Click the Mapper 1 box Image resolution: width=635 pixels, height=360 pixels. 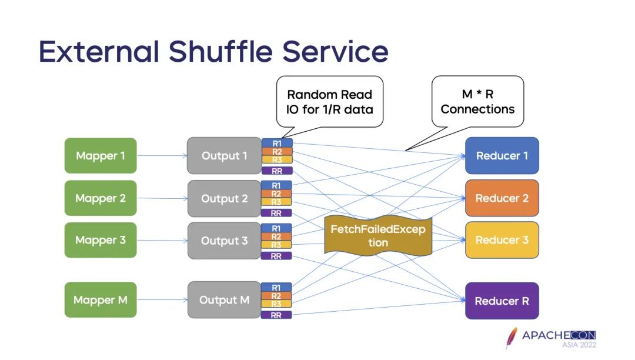pyautogui.click(x=101, y=156)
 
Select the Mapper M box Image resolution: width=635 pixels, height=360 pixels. pyautogui.click(x=101, y=300)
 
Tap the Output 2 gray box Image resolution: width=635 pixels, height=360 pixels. pyautogui.click(x=224, y=199)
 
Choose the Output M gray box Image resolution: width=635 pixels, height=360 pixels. pyautogui.click(x=224, y=300)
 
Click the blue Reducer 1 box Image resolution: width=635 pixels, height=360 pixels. pyautogui.click(x=502, y=156)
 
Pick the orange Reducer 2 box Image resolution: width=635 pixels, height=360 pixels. pyautogui.click(x=502, y=198)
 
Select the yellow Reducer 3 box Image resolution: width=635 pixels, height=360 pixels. pyautogui.click(x=502, y=240)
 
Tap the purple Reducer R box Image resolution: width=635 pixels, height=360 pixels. pyautogui.click(x=502, y=301)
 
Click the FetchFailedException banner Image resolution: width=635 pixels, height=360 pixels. pyautogui.click(x=378, y=235)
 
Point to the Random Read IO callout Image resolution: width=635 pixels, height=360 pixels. pyautogui.click(x=329, y=101)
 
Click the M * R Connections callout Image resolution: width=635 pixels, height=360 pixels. pyautogui.click(x=477, y=101)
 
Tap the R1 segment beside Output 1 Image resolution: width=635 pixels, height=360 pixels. pyautogui.click(x=276, y=143)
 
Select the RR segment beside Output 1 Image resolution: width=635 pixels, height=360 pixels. pyautogui.click(x=276, y=171)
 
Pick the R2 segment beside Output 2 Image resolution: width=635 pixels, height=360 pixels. pyautogui.click(x=276, y=194)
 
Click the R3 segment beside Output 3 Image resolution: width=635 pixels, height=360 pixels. pyautogui.click(x=276, y=245)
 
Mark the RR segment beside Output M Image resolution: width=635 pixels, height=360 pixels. pyautogui.click(x=276, y=315)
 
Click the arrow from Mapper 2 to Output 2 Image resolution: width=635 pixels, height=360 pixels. pyautogui.click(x=162, y=199)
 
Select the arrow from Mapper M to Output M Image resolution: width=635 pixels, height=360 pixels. pyautogui.click(x=162, y=300)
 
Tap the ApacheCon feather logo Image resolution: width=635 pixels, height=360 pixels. pyautogui.click(x=512, y=338)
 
